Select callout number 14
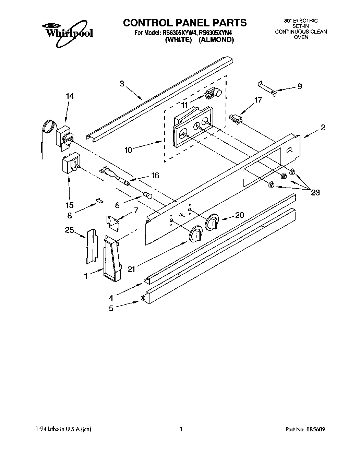point(70,96)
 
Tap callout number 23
point(315,193)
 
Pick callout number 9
point(300,86)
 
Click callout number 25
point(70,230)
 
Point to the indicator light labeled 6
point(148,196)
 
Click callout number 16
point(155,176)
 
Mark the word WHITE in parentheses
point(178,40)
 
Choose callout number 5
point(111,309)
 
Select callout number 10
point(128,150)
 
